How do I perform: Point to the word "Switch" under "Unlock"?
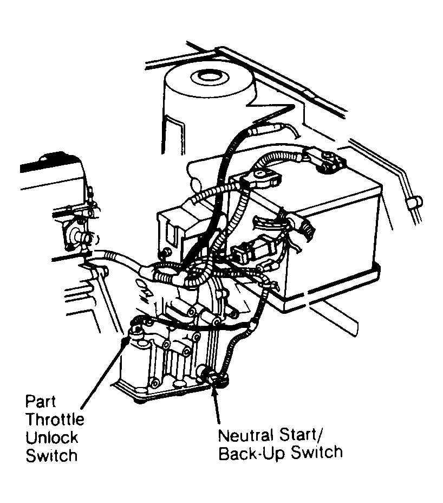[51, 455]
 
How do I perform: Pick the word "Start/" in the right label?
[311, 435]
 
